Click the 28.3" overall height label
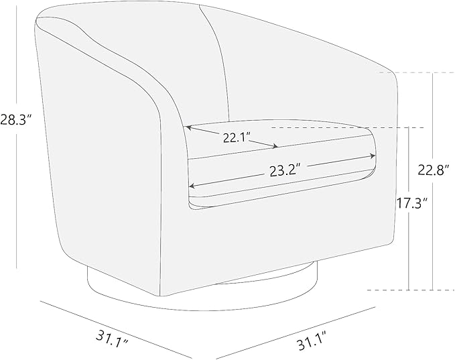[x=15, y=119]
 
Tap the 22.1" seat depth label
[x=237, y=137]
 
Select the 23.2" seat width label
[x=285, y=170]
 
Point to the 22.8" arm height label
[x=436, y=170]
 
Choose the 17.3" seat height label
[x=412, y=203]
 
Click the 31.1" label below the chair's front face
[x=312, y=344]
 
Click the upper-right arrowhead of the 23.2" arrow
[x=373, y=156]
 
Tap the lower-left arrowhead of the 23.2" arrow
[x=192, y=186]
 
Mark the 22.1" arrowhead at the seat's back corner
[x=188, y=127]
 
